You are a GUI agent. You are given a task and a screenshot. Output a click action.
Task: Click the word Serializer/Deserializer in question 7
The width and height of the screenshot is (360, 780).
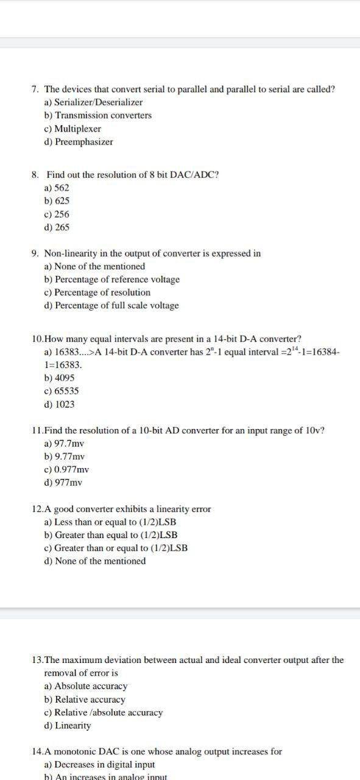click(99, 102)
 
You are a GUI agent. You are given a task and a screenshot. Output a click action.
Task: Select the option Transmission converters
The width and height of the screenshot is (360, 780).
click(103, 115)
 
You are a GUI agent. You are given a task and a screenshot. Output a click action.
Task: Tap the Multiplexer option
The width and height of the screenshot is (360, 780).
click(77, 129)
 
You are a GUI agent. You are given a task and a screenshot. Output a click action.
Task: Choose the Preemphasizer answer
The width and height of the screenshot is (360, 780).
click(83, 142)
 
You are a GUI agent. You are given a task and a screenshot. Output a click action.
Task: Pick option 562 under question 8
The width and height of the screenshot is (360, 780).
click(62, 188)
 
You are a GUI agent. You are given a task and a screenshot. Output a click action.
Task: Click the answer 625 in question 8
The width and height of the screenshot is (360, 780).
click(62, 200)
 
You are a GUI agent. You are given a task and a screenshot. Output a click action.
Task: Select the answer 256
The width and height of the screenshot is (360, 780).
click(62, 214)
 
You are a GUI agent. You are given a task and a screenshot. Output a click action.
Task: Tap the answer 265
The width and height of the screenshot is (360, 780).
click(62, 227)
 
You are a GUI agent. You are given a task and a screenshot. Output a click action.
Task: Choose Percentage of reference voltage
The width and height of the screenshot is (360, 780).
click(117, 279)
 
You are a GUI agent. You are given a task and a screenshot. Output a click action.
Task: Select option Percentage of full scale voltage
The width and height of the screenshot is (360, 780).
click(116, 305)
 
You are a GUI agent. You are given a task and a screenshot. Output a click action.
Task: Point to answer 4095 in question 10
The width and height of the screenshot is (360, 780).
click(65, 378)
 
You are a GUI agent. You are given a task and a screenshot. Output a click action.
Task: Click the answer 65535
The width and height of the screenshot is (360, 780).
click(66, 391)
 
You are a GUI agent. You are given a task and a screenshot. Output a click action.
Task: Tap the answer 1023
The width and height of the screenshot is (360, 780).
click(65, 404)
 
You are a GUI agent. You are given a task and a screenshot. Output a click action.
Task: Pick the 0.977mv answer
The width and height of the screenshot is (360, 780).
click(71, 469)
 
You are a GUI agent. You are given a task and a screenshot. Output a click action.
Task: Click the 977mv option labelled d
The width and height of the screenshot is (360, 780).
click(68, 483)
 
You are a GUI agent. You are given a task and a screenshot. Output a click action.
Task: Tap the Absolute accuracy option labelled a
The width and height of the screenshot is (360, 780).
click(91, 686)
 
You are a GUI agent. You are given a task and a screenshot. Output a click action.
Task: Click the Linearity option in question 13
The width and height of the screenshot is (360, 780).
click(72, 726)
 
